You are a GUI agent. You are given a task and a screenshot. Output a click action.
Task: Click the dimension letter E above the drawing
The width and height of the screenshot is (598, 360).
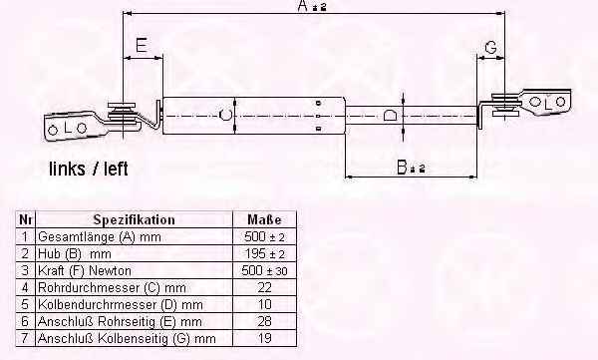pos(142,45)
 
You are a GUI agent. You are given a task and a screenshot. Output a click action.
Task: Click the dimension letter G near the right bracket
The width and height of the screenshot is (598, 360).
pos(490,47)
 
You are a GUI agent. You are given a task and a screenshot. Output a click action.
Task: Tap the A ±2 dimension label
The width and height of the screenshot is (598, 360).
pos(312,6)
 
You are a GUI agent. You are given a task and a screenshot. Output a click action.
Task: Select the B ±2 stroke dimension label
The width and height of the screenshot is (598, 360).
pos(411,168)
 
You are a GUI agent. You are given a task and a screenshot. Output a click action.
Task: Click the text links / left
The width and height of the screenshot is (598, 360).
pos(89,169)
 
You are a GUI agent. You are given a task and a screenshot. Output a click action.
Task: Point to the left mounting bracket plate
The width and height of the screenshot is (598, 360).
pos(72,127)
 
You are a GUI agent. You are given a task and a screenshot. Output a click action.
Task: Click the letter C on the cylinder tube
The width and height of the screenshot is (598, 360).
pos(225,115)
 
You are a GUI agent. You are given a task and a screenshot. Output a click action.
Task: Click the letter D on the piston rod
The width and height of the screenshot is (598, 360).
pos(390,115)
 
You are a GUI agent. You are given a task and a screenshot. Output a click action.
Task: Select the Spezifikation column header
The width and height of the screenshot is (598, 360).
pos(135,219)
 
